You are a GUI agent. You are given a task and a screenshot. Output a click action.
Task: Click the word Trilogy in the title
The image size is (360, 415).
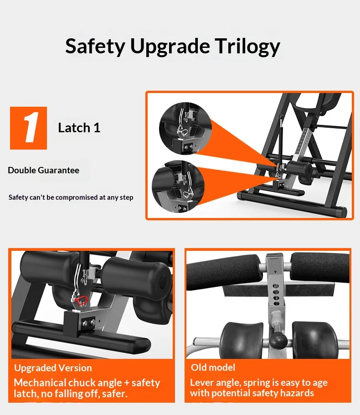click(x=247, y=47)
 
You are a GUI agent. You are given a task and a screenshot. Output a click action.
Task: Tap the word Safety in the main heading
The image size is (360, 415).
click(x=95, y=47)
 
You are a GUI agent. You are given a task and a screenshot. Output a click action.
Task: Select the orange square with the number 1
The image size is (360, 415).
click(x=29, y=128)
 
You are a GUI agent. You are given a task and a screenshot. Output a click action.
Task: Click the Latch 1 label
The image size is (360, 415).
click(x=79, y=128)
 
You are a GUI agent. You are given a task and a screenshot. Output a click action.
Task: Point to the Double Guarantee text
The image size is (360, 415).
click(x=43, y=170)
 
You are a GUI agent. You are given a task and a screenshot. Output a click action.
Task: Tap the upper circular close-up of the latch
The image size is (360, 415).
click(x=185, y=128)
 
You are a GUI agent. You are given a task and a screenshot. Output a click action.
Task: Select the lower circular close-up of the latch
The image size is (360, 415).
click(x=178, y=186)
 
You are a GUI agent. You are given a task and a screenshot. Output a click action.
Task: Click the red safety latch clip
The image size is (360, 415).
click(x=81, y=300)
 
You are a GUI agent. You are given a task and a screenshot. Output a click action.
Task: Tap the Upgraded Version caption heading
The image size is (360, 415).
click(x=53, y=368)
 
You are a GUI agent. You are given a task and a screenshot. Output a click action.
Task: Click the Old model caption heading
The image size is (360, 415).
click(x=213, y=368)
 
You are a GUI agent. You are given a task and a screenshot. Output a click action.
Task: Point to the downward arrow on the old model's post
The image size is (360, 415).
click(x=275, y=271)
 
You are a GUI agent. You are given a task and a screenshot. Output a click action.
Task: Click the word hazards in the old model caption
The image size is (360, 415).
click(x=297, y=393)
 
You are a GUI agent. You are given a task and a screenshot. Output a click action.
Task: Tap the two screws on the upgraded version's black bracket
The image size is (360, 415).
click(x=89, y=322)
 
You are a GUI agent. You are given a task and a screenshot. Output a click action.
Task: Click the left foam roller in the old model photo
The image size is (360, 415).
click(x=223, y=272)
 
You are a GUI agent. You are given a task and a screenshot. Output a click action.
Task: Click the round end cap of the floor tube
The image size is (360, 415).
click(x=343, y=212)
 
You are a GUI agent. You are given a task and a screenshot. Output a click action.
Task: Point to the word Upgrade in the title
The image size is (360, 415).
click(x=170, y=47)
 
